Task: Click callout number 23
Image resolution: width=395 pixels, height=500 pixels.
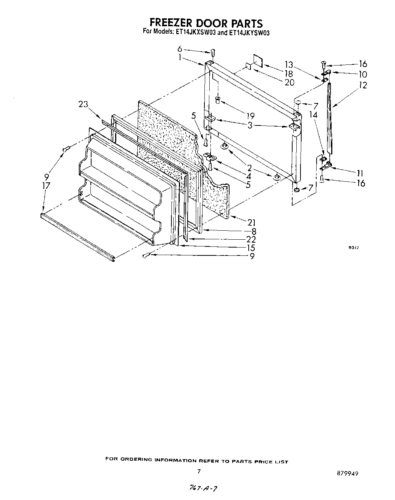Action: pyautogui.click(x=83, y=104)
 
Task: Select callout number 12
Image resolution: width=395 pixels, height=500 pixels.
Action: pyautogui.click(x=362, y=85)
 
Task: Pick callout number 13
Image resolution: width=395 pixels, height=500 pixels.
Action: pyautogui.click(x=288, y=64)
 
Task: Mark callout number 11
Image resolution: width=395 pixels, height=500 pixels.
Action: pyautogui.click(x=360, y=173)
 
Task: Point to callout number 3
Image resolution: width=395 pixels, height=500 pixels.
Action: pyautogui.click(x=250, y=125)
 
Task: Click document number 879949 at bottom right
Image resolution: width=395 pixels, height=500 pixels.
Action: pyautogui.click(x=348, y=473)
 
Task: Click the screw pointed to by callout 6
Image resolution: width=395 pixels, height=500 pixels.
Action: pyautogui.click(x=212, y=52)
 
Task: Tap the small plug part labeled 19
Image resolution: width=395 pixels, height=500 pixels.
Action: pyautogui.click(x=218, y=100)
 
